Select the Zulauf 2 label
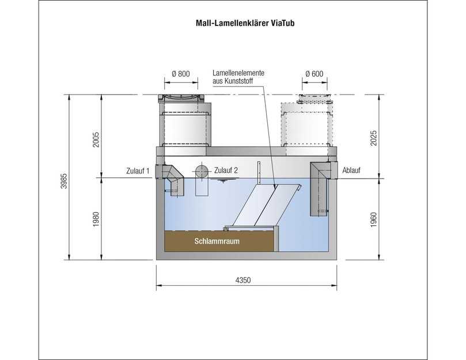pyautogui.click(x=226, y=170)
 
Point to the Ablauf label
pyautogui.click(x=351, y=170)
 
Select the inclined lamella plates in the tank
pyautogui.click(x=263, y=207)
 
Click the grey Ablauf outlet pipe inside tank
pyautogui.click(x=320, y=190)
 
